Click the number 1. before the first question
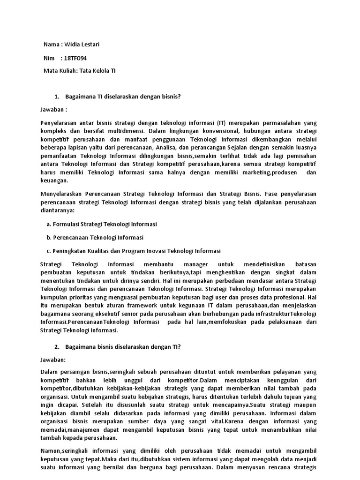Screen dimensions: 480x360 click(x=57, y=97)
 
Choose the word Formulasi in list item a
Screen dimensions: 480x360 click(x=66, y=224)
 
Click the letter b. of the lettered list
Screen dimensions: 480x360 click(x=49, y=237)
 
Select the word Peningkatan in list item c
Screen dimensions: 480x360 click(x=71, y=251)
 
